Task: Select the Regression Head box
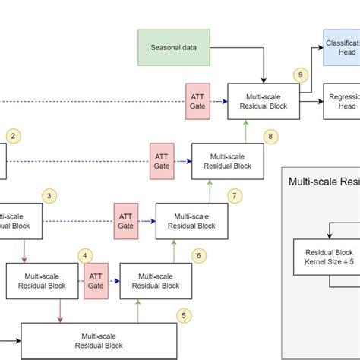pos(341,102)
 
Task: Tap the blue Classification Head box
pos(341,46)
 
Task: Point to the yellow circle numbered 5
pos(183,314)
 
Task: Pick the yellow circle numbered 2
pos(14,137)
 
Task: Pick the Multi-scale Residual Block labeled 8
pos(226,160)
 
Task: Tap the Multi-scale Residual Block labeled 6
pos(155,280)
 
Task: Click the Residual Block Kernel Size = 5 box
pos(330,256)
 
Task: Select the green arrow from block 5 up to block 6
pos(137,310)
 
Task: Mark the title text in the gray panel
pos(324,182)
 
